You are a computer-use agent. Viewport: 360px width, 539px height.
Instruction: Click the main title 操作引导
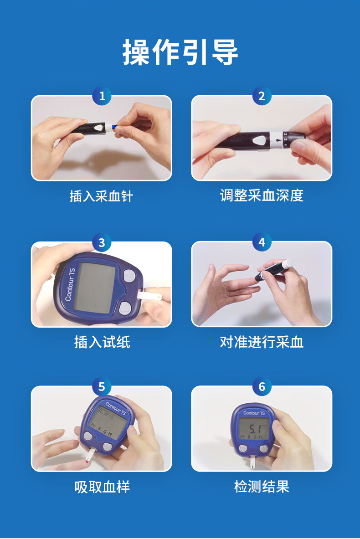point(180,52)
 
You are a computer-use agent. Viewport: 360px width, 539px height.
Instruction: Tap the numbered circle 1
point(102,96)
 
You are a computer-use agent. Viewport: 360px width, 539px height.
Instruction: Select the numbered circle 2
point(262,96)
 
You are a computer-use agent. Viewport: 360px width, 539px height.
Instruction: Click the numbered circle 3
point(102,243)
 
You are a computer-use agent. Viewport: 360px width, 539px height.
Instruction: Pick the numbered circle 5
point(102,387)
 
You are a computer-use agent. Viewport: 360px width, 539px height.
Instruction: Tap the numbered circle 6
point(262,387)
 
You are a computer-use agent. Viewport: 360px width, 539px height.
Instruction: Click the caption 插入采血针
point(101,196)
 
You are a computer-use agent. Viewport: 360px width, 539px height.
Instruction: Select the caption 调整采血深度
point(262,195)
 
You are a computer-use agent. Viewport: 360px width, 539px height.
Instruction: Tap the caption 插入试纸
point(102,342)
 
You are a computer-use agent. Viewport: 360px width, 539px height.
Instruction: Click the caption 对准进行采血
point(262,342)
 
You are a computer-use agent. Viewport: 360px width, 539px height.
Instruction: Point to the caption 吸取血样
point(102,487)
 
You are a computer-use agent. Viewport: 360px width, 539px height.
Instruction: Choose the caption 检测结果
point(262,487)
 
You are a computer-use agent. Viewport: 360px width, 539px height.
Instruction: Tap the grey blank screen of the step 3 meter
point(94,287)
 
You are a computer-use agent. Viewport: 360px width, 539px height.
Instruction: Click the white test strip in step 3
point(149,295)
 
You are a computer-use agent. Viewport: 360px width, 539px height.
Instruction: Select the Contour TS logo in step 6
point(254,413)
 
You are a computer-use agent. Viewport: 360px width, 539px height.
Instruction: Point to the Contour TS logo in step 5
point(115,408)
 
